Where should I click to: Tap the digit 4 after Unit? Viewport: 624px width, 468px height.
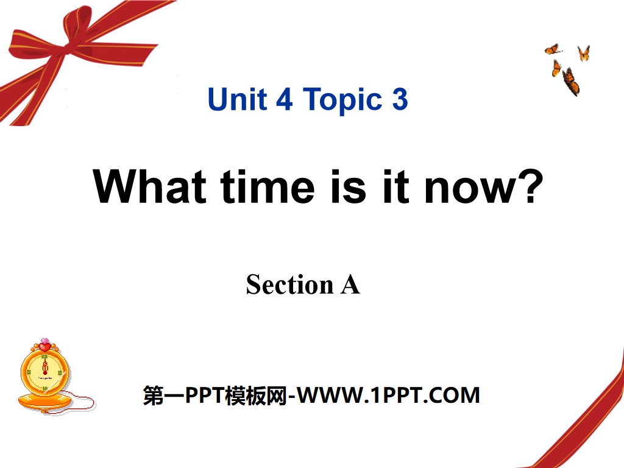point(284,99)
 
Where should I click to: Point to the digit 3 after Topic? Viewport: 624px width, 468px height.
point(399,99)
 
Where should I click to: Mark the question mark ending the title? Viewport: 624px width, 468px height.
point(531,186)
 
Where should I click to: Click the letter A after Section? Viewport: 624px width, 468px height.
point(350,285)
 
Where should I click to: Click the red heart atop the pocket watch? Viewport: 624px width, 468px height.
point(44,346)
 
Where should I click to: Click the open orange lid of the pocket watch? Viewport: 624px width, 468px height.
point(44,401)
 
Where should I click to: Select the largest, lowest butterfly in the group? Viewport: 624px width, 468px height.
point(572,81)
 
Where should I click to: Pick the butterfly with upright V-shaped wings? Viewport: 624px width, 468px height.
point(583,54)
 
